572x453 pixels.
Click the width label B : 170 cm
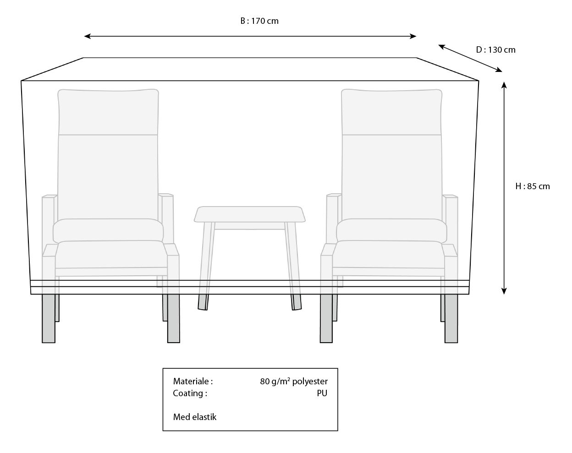click(259, 21)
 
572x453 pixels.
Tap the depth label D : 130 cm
click(495, 50)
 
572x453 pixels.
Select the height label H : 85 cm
click(532, 186)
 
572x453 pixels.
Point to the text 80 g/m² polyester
click(293, 381)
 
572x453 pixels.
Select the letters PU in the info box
click(322, 393)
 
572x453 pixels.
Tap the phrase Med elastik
click(194, 417)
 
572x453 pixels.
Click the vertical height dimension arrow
click(504, 187)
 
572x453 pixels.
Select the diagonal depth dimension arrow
click(470, 58)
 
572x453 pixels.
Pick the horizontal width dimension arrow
click(250, 36)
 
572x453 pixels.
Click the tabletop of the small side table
click(250, 214)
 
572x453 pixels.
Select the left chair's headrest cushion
click(108, 112)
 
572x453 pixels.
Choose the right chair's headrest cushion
click(392, 112)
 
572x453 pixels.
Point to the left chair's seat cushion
click(110, 255)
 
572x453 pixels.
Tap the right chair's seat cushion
click(389, 255)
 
